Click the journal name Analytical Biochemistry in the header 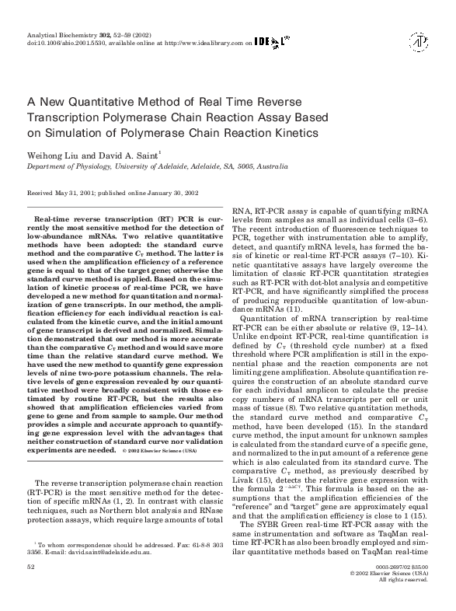(60, 36)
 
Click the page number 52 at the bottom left (31, 569)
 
